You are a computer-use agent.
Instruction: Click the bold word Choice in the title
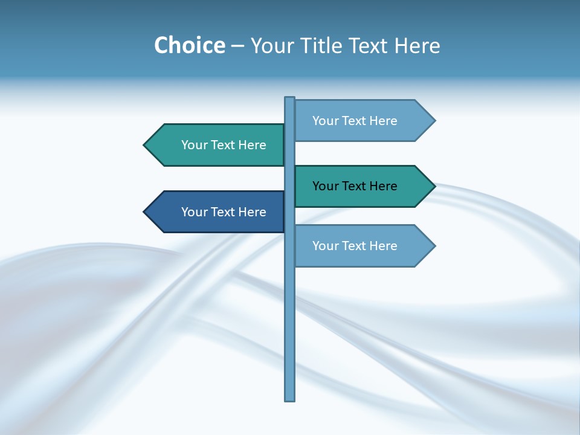pos(189,46)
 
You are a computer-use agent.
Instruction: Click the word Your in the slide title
pos(271,46)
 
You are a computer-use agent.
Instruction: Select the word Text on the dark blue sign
pos(224,212)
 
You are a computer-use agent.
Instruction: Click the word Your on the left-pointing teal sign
pos(194,145)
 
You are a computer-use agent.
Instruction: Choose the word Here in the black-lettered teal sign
pos(382,186)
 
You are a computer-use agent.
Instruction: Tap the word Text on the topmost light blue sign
pos(355,121)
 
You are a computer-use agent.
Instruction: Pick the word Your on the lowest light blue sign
pos(325,246)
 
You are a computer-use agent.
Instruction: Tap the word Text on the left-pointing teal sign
pos(224,145)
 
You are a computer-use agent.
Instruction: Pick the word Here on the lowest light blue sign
pos(382,246)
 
